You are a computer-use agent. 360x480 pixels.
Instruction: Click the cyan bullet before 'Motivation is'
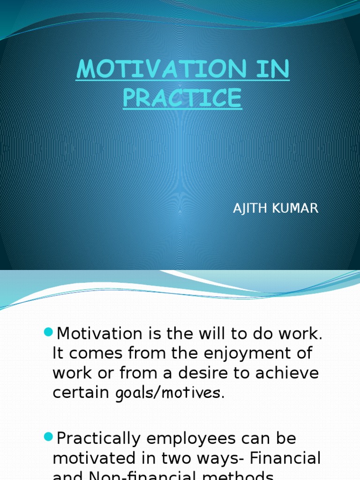pos(48,332)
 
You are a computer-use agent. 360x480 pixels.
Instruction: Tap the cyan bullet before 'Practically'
pos(48,437)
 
